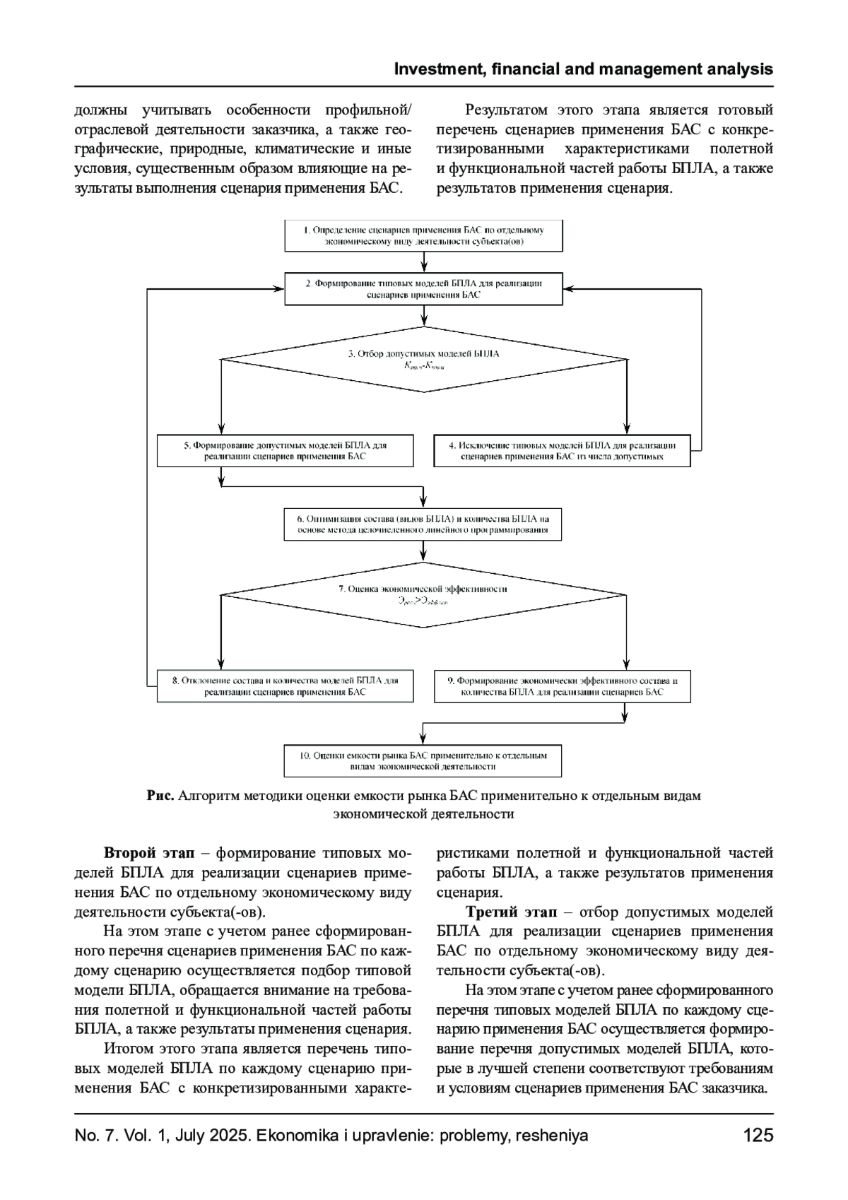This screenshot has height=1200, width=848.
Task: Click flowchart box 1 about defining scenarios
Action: pyautogui.click(x=423, y=235)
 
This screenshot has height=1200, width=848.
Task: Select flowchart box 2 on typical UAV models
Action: pyautogui.click(x=423, y=289)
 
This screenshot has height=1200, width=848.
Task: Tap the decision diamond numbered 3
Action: pyautogui.click(x=423, y=358)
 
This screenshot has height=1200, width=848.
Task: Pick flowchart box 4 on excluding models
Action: pyautogui.click(x=562, y=451)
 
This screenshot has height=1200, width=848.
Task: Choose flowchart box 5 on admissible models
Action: pyautogui.click(x=285, y=451)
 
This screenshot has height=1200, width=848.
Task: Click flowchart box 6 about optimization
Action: pyautogui.click(x=423, y=524)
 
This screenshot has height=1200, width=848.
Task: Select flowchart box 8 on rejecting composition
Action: pyautogui.click(x=285, y=686)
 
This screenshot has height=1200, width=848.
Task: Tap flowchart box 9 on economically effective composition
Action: pyautogui.click(x=562, y=686)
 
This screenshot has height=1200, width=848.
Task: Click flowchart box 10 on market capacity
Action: pyautogui.click(x=423, y=760)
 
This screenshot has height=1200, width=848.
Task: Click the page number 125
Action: pyautogui.click(x=758, y=1136)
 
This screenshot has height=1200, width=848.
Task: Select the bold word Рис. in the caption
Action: pyautogui.click(x=160, y=796)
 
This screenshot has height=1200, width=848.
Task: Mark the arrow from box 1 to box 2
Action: pyautogui.click(x=423, y=261)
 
